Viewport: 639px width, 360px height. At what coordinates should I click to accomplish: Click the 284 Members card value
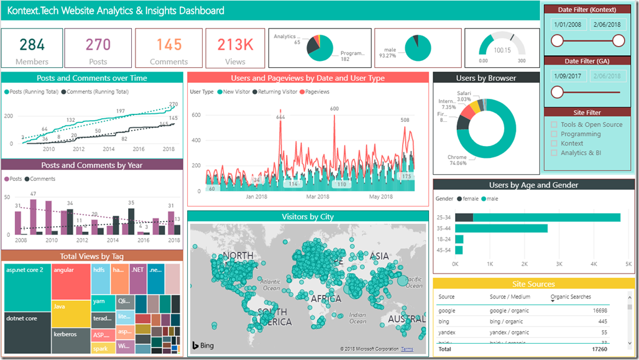pos(32,44)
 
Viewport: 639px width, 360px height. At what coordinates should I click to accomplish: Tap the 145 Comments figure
pos(168,44)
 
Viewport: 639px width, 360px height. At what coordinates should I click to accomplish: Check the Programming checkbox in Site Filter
pos(554,134)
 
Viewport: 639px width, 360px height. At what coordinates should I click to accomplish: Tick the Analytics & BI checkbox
pos(554,152)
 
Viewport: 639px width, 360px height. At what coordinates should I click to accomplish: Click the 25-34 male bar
pos(546,217)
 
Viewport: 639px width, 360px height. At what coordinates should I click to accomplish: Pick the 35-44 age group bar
pos(501,228)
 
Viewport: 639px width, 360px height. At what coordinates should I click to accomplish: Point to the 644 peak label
pos(280,116)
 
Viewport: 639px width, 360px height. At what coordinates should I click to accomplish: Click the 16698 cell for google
pos(599,310)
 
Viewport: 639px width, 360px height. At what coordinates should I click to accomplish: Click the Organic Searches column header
pos(571,297)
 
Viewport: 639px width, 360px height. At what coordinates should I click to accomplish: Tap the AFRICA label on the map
pos(326,298)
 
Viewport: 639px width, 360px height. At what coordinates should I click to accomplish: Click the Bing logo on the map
pos(203,345)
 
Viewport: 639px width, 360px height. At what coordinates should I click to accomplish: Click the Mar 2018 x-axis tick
pos(318,196)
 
